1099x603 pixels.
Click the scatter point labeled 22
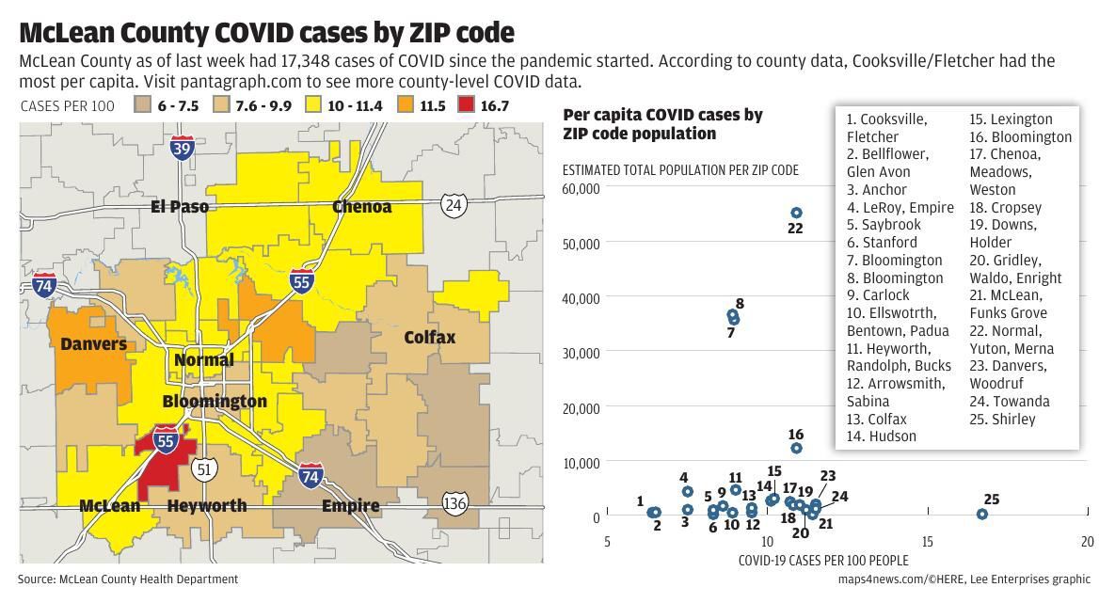(796, 214)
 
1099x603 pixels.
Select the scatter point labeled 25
(982, 515)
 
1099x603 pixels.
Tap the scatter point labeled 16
(796, 449)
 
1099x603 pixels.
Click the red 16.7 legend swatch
(465, 106)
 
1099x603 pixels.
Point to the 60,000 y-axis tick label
(581, 188)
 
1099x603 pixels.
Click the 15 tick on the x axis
(928, 541)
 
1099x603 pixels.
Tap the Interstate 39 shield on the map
(183, 149)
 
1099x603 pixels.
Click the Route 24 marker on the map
(454, 204)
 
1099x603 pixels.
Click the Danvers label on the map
(93, 344)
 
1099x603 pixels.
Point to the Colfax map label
(430, 337)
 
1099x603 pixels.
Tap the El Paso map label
(180, 206)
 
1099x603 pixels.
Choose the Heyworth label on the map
(207, 506)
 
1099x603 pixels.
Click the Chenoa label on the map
(362, 206)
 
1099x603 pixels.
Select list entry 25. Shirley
(1002, 419)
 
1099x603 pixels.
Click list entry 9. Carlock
(878, 295)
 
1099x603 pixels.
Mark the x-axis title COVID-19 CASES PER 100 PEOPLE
(823, 561)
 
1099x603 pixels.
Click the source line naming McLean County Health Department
(128, 579)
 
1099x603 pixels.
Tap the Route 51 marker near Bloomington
(204, 468)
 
